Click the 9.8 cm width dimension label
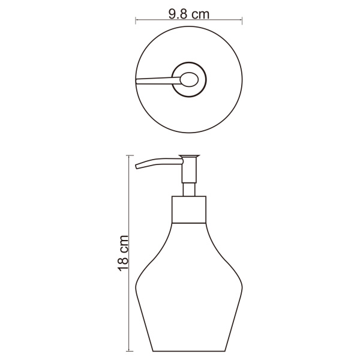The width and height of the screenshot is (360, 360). (x=189, y=14)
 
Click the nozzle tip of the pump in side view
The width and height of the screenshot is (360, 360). (x=137, y=166)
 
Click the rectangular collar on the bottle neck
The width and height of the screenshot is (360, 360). (x=190, y=209)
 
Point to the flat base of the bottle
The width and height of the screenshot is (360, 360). (x=190, y=350)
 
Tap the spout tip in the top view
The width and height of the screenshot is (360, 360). (x=138, y=80)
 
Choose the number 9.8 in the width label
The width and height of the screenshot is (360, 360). (x=179, y=14)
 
